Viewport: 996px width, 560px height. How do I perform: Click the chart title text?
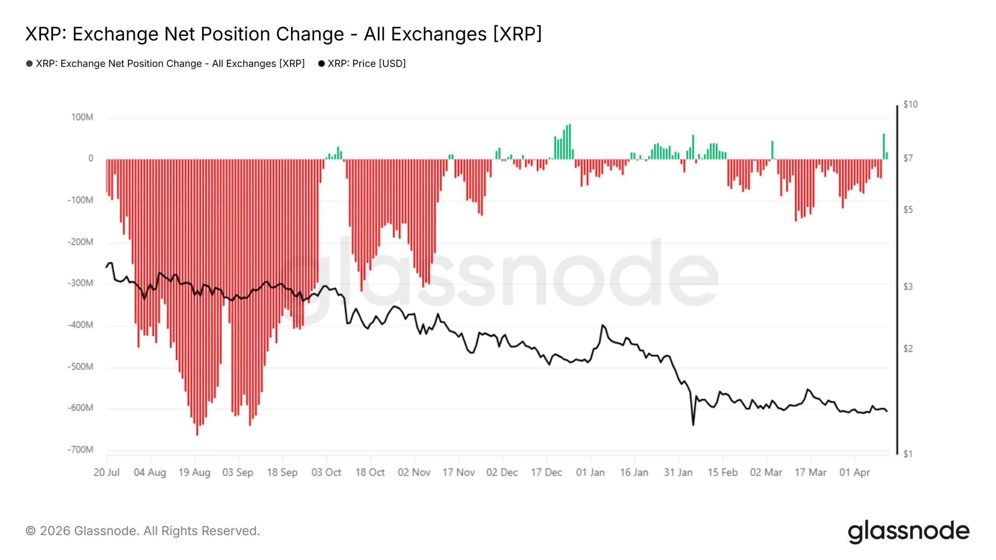283,34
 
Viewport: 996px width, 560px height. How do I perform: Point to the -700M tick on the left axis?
81,450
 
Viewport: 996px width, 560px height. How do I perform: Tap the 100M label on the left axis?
82,117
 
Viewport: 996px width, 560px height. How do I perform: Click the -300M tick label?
81,283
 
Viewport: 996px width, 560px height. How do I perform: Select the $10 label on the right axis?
910,104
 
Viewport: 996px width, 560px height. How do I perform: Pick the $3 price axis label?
908,287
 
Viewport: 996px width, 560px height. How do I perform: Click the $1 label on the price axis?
908,454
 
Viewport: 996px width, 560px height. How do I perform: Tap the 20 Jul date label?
106,472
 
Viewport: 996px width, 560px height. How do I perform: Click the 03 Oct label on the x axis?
326,472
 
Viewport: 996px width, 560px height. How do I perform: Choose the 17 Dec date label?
546,472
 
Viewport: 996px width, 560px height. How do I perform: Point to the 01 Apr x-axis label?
854,472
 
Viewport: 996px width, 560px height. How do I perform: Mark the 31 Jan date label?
678,472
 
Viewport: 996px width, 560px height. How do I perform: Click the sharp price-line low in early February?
693,425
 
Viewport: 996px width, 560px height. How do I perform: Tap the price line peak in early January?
603,325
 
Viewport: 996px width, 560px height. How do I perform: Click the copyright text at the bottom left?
142,531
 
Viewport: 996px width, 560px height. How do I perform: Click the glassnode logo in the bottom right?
908,532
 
